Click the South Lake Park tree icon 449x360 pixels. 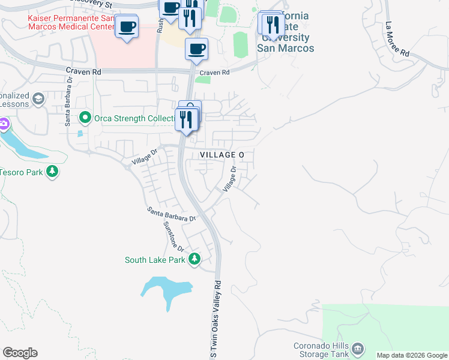coord(194,259)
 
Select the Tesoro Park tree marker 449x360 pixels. coord(53,172)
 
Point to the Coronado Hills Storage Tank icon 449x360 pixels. coord(358,347)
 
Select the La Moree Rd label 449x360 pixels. coord(398,40)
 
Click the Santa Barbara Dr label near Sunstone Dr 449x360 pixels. coord(172,214)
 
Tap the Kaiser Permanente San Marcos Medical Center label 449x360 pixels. coord(71,23)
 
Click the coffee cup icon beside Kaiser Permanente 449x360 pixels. coord(127,27)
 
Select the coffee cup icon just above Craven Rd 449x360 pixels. coord(196,49)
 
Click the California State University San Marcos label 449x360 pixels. coord(285,31)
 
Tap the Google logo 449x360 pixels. coord(20,353)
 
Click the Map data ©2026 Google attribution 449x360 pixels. coord(412,355)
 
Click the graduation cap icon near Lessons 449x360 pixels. coord(38,98)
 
